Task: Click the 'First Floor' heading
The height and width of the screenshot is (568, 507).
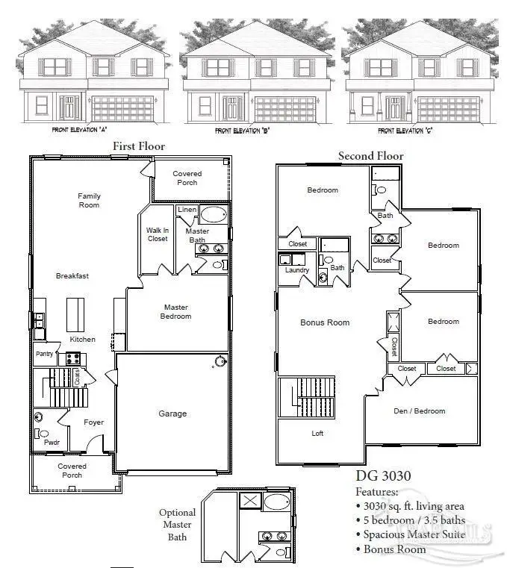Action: (138, 146)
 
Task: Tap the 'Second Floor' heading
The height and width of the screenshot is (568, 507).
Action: (370, 156)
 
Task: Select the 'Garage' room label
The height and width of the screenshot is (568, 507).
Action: (172, 413)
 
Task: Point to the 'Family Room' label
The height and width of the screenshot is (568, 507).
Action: (89, 201)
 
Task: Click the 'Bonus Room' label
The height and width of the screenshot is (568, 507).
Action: (325, 322)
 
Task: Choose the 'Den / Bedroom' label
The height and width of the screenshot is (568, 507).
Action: (420, 411)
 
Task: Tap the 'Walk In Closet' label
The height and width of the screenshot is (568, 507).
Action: (158, 234)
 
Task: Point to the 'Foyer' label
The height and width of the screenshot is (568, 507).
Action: (93, 422)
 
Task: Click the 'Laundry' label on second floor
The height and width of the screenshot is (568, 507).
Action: (296, 270)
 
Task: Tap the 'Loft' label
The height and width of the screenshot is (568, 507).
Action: (318, 433)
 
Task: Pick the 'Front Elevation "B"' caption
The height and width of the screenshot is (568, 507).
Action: (242, 131)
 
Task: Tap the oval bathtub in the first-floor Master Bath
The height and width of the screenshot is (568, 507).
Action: (214, 216)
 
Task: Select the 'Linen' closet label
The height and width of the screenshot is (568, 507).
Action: (187, 210)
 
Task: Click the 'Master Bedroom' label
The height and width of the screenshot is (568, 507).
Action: (176, 312)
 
